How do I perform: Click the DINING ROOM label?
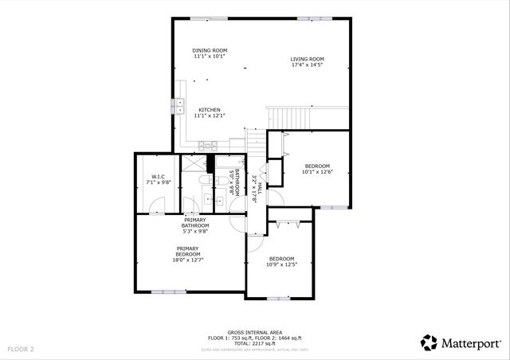[210, 50]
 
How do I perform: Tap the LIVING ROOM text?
[306, 58]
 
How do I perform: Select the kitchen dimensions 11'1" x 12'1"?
[210, 116]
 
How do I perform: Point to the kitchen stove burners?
[207, 145]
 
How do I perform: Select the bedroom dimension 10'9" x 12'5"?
[281, 264]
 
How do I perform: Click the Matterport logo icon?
[429, 342]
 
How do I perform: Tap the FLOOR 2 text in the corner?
[21, 349]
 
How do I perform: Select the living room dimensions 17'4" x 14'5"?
[306, 65]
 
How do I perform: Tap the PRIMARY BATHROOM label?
[196, 223]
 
